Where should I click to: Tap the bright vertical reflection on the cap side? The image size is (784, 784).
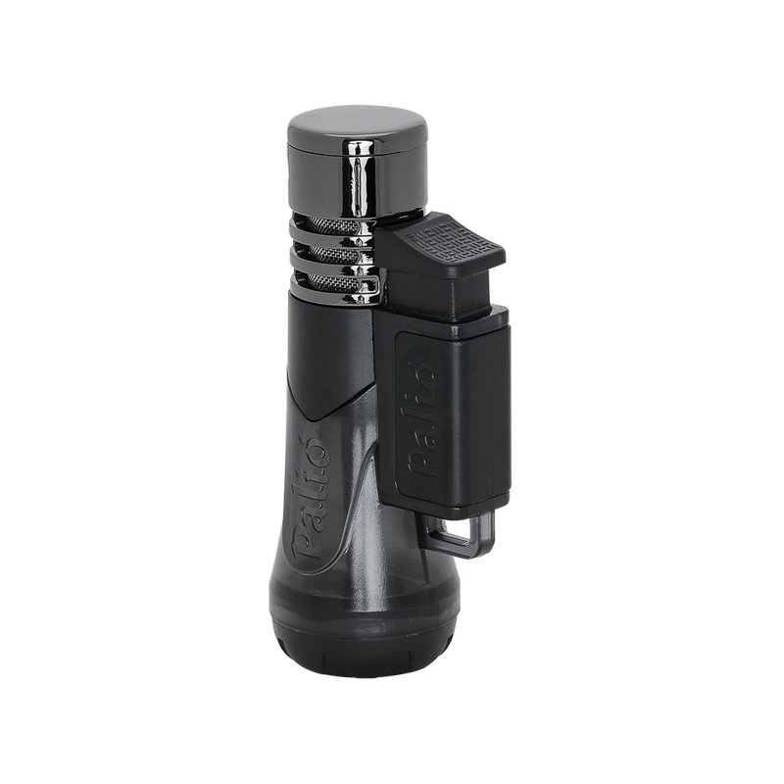359,178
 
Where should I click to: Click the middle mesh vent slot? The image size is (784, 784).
334,253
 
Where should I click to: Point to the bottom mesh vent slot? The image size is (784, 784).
335,282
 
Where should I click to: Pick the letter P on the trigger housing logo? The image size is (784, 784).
419,462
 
